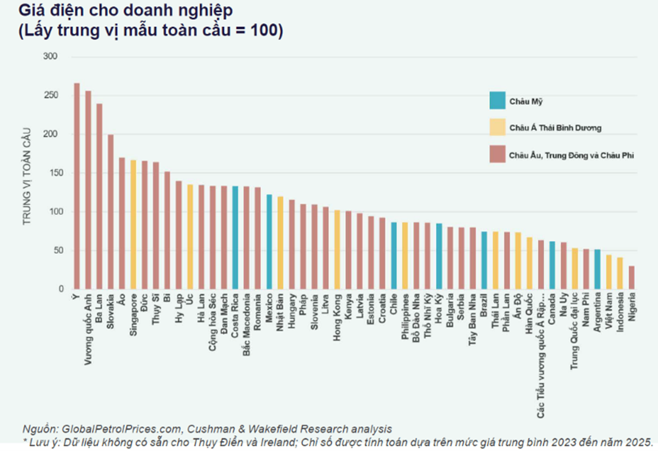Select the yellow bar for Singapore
(133, 224)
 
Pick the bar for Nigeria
(632, 277)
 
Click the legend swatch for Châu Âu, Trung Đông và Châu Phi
(497, 155)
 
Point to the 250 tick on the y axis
(51, 95)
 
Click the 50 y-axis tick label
(53, 251)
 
